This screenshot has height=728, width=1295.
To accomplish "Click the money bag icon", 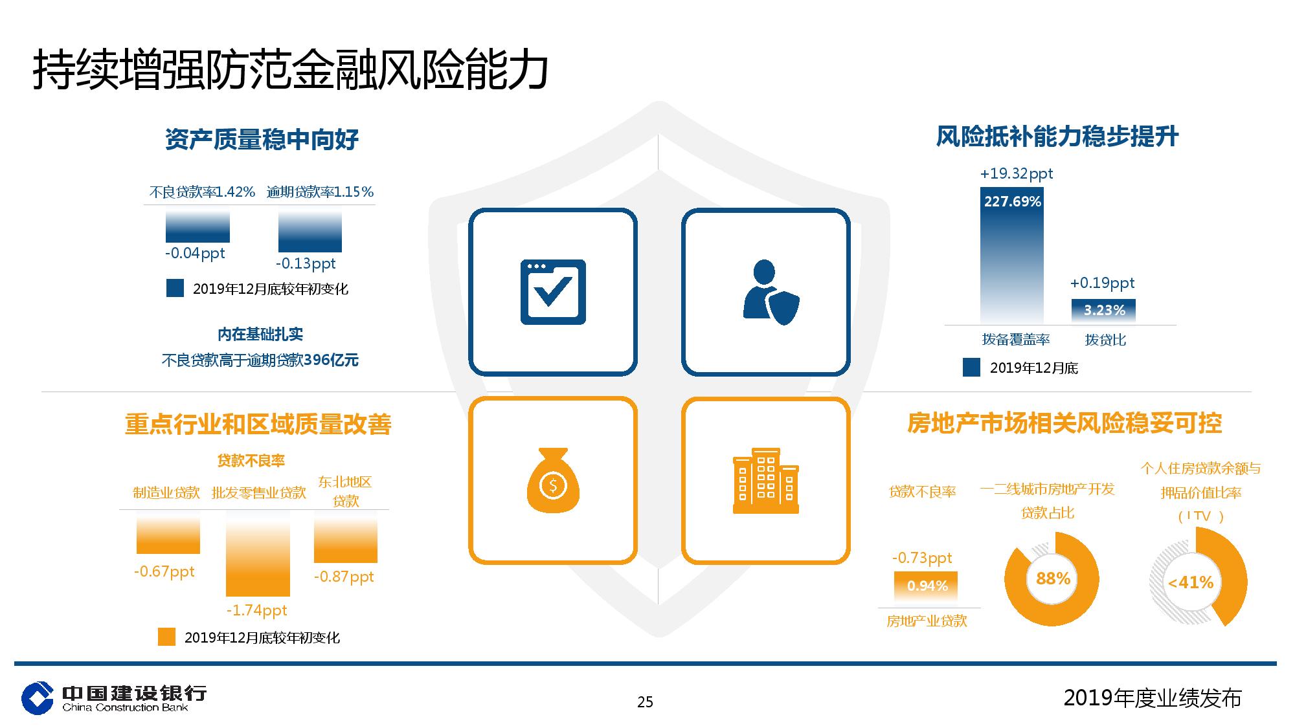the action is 553,480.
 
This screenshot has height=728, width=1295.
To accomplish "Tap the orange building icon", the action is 766,480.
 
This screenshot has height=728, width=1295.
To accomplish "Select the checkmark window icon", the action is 553,292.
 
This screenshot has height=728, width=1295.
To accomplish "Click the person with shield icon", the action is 770,292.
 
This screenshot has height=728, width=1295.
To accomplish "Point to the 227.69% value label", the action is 1013,202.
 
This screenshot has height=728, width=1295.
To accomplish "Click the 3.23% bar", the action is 1103,311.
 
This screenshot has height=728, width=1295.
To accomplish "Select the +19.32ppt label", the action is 1017,173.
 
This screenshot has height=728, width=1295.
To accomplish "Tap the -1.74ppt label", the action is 257,610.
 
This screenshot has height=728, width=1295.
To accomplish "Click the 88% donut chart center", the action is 1053,579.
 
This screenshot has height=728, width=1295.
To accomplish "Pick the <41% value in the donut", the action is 1190,583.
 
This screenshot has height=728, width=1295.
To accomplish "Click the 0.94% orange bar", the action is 926,586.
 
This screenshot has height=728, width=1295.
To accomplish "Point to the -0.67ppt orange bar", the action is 168,533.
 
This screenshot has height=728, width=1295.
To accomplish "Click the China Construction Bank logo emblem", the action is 38,698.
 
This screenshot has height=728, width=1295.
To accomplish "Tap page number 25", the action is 645,702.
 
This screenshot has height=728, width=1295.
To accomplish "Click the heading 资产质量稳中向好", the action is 262,139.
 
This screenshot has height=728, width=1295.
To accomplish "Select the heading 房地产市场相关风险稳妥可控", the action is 1064,423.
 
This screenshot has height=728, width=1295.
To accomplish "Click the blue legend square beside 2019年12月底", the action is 971,368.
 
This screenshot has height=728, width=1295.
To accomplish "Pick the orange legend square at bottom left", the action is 166,637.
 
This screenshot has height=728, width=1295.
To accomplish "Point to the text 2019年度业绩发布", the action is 1153,698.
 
